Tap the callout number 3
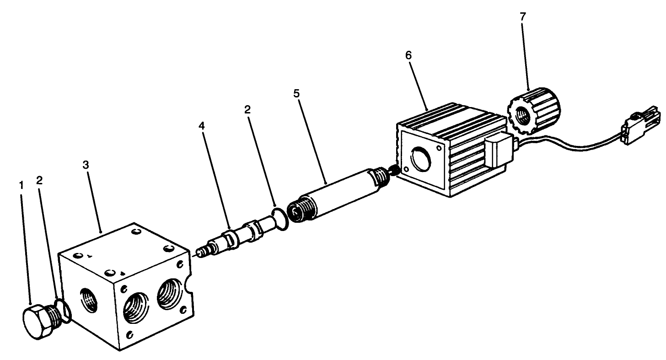[x=86, y=165]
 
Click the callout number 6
[x=408, y=55]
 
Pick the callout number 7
[x=523, y=16]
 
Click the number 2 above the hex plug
[x=39, y=180]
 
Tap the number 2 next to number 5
[x=247, y=109]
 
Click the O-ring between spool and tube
[x=279, y=219]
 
